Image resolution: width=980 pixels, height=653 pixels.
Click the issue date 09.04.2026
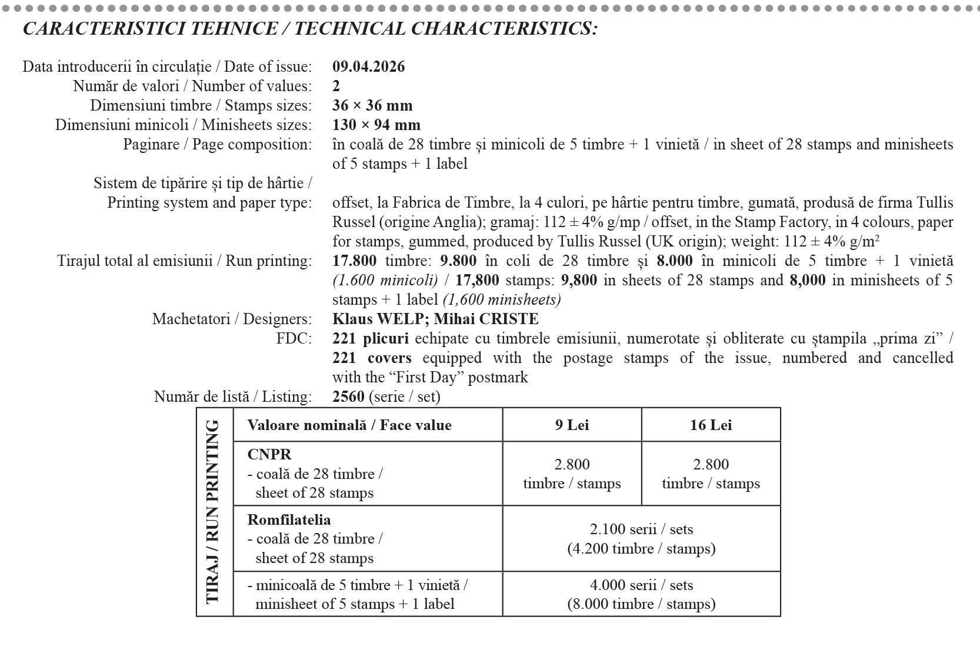pyautogui.click(x=368, y=66)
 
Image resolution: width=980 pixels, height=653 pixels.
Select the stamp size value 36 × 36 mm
pyautogui.click(x=372, y=106)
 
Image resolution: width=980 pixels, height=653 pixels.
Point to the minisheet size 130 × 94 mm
pyautogui.click(x=376, y=125)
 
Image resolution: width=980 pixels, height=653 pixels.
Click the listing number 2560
pyautogui.click(x=348, y=397)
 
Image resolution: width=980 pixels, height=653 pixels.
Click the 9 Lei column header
pyautogui.click(x=572, y=425)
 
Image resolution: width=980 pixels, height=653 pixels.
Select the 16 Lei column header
pyautogui.click(x=711, y=425)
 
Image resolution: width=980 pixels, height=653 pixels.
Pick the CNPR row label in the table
pyautogui.click(x=269, y=454)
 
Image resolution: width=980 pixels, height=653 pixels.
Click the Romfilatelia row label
pyautogui.click(x=289, y=519)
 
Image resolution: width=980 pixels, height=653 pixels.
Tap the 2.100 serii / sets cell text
pyautogui.click(x=641, y=529)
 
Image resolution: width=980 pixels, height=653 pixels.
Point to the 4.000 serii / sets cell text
pyautogui.click(x=641, y=585)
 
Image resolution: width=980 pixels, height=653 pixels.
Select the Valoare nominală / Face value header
pyautogui.click(x=349, y=425)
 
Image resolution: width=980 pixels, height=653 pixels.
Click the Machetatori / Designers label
pyautogui.click(x=232, y=319)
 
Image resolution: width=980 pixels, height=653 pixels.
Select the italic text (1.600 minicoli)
pyautogui.click(x=385, y=281)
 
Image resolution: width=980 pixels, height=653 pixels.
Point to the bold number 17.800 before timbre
pyautogui.click(x=354, y=261)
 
